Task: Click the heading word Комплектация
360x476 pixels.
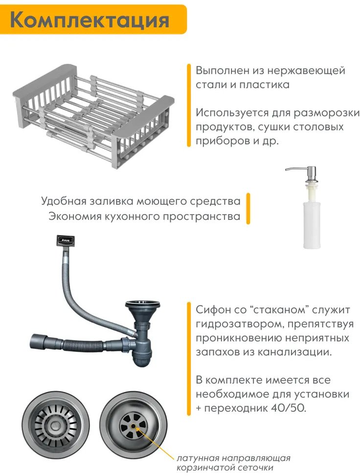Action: (90, 20)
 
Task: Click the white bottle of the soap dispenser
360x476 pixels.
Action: (312, 224)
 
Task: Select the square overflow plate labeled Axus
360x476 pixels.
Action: (66, 240)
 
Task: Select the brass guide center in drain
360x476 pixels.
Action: (133, 426)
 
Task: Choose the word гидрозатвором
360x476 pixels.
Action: (239, 324)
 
